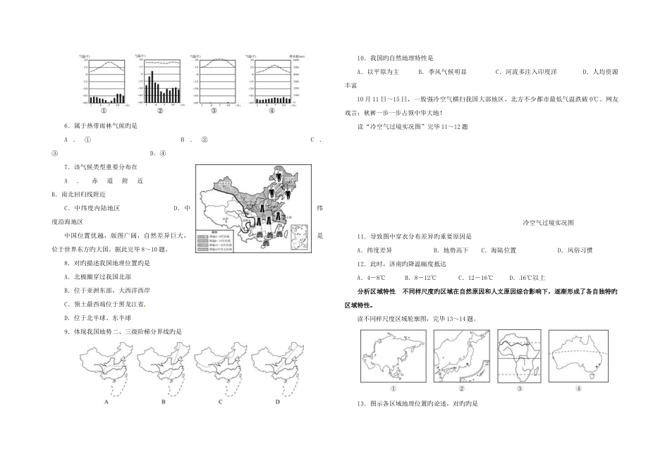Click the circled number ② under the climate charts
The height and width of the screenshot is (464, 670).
(x=159, y=111)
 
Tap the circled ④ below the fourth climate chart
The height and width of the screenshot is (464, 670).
(x=272, y=111)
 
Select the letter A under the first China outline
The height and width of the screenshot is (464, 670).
(x=106, y=401)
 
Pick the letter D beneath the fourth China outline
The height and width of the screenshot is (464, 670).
(x=277, y=401)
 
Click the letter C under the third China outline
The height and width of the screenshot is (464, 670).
(x=221, y=401)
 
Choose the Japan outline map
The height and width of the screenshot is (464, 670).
(x=461, y=356)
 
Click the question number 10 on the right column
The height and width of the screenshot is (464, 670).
(x=361, y=58)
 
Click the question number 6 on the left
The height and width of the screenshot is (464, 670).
(x=66, y=126)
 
